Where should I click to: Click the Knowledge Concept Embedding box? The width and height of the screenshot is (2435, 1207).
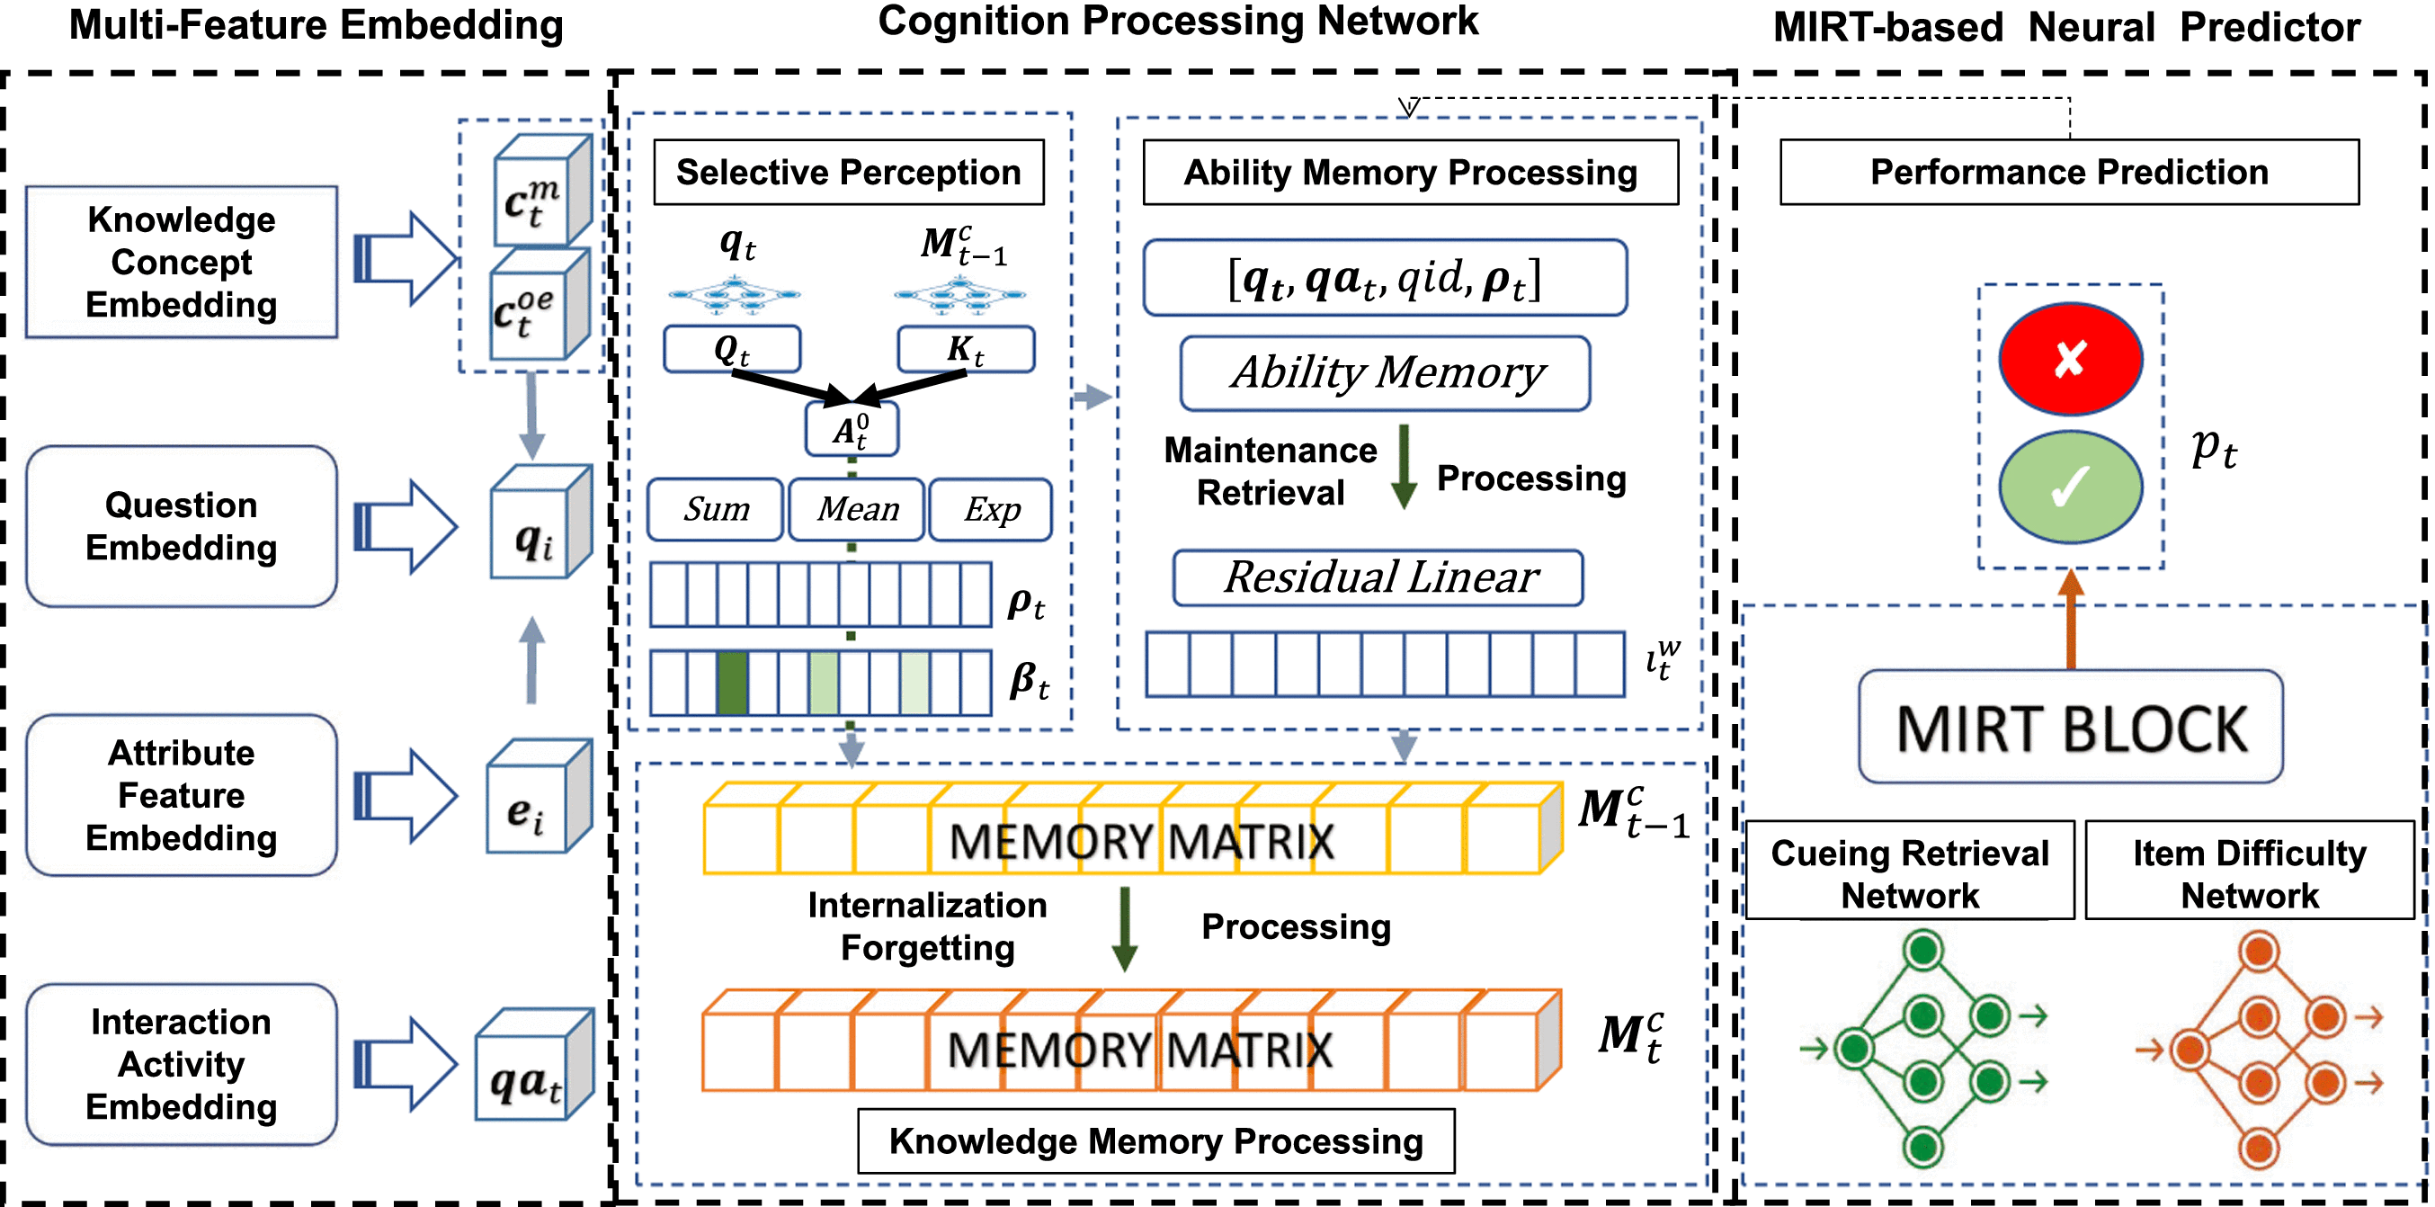pos(181,262)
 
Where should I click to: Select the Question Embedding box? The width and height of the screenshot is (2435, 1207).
pos(181,525)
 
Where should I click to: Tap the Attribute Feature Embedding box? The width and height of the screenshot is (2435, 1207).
pos(181,795)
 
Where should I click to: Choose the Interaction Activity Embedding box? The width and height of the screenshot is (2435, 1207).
pos(181,1064)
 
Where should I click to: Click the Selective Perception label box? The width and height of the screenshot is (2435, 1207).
pos(848,172)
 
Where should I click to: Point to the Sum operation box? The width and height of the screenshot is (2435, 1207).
pos(716,509)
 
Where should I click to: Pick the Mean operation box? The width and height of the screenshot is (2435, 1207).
pos(856,509)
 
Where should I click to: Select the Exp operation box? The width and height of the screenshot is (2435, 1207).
pos(991,509)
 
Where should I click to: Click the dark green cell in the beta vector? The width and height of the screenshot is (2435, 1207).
pos(732,682)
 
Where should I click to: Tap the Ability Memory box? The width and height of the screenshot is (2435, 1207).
pos(1385,373)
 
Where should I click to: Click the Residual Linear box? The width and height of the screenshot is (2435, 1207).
pos(1378,577)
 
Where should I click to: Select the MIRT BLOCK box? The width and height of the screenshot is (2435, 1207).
pos(2070,727)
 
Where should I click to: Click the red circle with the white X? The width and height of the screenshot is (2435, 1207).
pos(2070,359)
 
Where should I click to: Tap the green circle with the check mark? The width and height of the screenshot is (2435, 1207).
pos(2070,487)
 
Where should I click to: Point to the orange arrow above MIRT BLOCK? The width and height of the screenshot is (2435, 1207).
pos(2070,619)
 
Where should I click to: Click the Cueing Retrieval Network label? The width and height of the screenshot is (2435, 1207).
pos(1910,872)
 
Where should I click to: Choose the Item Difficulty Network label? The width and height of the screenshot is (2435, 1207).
pos(2250,872)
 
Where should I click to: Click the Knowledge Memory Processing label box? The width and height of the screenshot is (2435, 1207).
pos(1155,1140)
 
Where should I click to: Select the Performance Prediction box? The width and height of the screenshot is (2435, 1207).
pos(2069,172)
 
